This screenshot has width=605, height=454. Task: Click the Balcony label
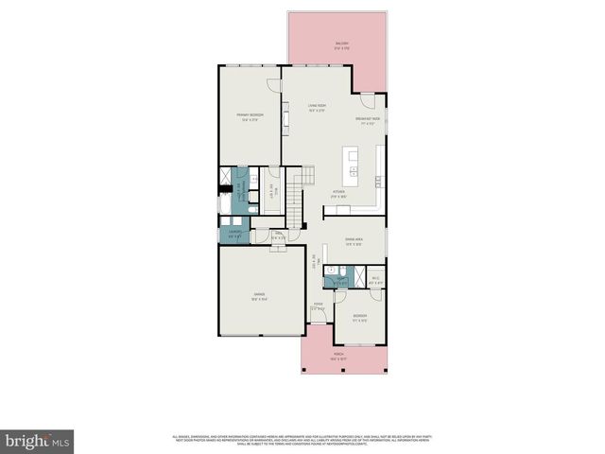(339, 44)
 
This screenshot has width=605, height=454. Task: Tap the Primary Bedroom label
(251, 116)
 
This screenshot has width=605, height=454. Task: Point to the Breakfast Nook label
(368, 120)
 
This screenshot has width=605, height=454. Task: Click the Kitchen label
(337, 193)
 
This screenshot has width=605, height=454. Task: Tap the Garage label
(258, 296)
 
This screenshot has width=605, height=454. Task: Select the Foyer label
(319, 306)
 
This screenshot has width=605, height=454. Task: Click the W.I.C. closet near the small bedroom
(374, 278)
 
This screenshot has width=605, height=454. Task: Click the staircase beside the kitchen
(302, 180)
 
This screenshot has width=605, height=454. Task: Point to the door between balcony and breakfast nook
(363, 94)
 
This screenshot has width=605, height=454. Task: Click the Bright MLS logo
(38, 441)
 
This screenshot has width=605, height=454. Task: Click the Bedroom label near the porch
(359, 316)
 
